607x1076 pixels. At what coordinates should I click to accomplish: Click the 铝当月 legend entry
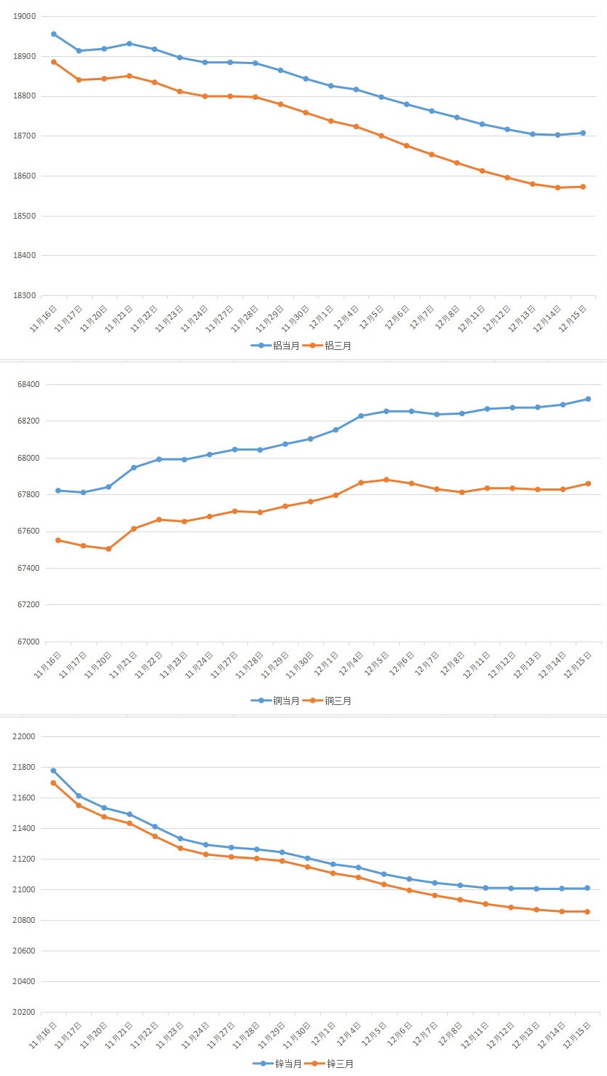pos(275,346)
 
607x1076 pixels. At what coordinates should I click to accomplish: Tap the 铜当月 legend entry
pos(275,701)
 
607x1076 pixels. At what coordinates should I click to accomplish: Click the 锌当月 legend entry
pos(277,1064)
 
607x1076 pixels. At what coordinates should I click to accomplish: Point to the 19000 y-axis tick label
pos(25,16)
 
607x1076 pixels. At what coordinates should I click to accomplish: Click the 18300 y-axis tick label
pos(25,296)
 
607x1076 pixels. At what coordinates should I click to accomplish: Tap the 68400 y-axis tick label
pos(25,384)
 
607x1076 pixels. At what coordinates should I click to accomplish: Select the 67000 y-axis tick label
pos(25,642)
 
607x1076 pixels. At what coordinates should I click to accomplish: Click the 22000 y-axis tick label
pos(25,736)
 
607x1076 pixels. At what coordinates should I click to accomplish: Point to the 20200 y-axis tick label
pos(25,1013)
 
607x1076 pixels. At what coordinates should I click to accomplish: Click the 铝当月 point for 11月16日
pos(54,34)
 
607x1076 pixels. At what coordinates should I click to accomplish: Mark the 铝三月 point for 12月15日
pos(583,187)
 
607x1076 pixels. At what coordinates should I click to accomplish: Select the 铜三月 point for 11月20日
pos(108,549)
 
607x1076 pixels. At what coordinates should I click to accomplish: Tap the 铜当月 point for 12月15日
pos(588,399)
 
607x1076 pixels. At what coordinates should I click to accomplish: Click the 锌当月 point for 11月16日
pos(53,771)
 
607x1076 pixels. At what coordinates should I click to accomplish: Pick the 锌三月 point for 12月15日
pos(587,911)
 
